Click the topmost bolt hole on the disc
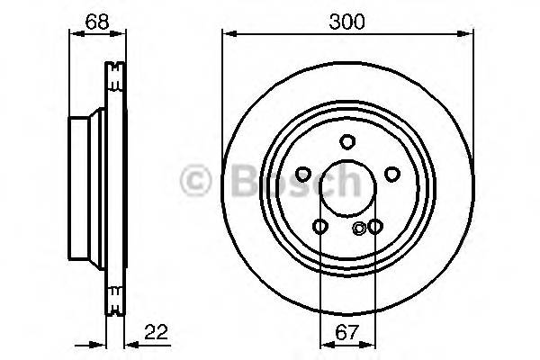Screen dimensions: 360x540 [347, 141]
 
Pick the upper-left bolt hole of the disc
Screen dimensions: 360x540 [303, 175]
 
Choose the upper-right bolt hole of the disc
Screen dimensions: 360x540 [391, 175]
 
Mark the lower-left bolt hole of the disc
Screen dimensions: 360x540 [320, 226]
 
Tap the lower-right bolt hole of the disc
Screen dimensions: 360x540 [374, 226]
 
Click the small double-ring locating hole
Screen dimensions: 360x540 [360, 228]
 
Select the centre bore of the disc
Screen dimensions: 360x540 [347, 188]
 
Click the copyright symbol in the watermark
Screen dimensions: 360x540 [197, 183]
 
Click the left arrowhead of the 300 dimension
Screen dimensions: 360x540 [227, 35]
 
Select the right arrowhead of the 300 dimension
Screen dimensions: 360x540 [468, 35]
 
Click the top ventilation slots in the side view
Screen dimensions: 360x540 [114, 76]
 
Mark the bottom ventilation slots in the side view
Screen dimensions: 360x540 [114, 298]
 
